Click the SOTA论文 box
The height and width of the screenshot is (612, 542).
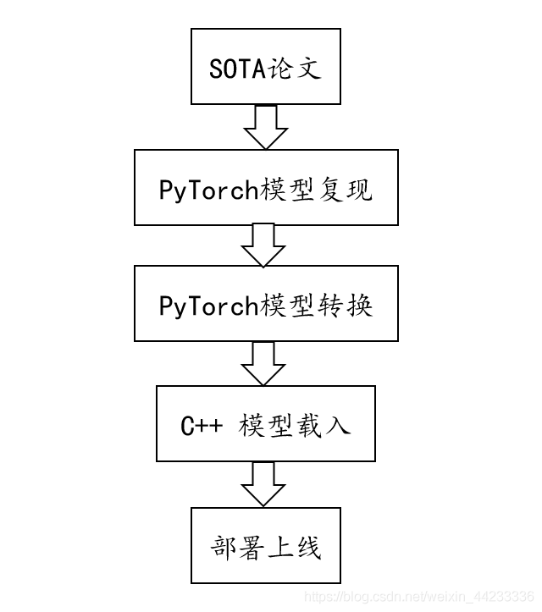click(x=265, y=67)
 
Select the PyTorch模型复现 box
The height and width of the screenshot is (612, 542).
click(x=266, y=188)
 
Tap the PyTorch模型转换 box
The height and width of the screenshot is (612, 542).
click(x=266, y=304)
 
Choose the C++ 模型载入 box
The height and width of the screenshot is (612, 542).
click(x=266, y=424)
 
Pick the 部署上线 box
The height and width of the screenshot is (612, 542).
click(x=266, y=546)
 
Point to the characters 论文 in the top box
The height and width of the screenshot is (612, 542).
click(x=294, y=68)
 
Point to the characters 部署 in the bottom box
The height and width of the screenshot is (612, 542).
click(x=238, y=546)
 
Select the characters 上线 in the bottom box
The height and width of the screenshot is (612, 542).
click(x=294, y=546)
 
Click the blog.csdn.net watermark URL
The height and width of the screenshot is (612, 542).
click(x=418, y=598)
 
